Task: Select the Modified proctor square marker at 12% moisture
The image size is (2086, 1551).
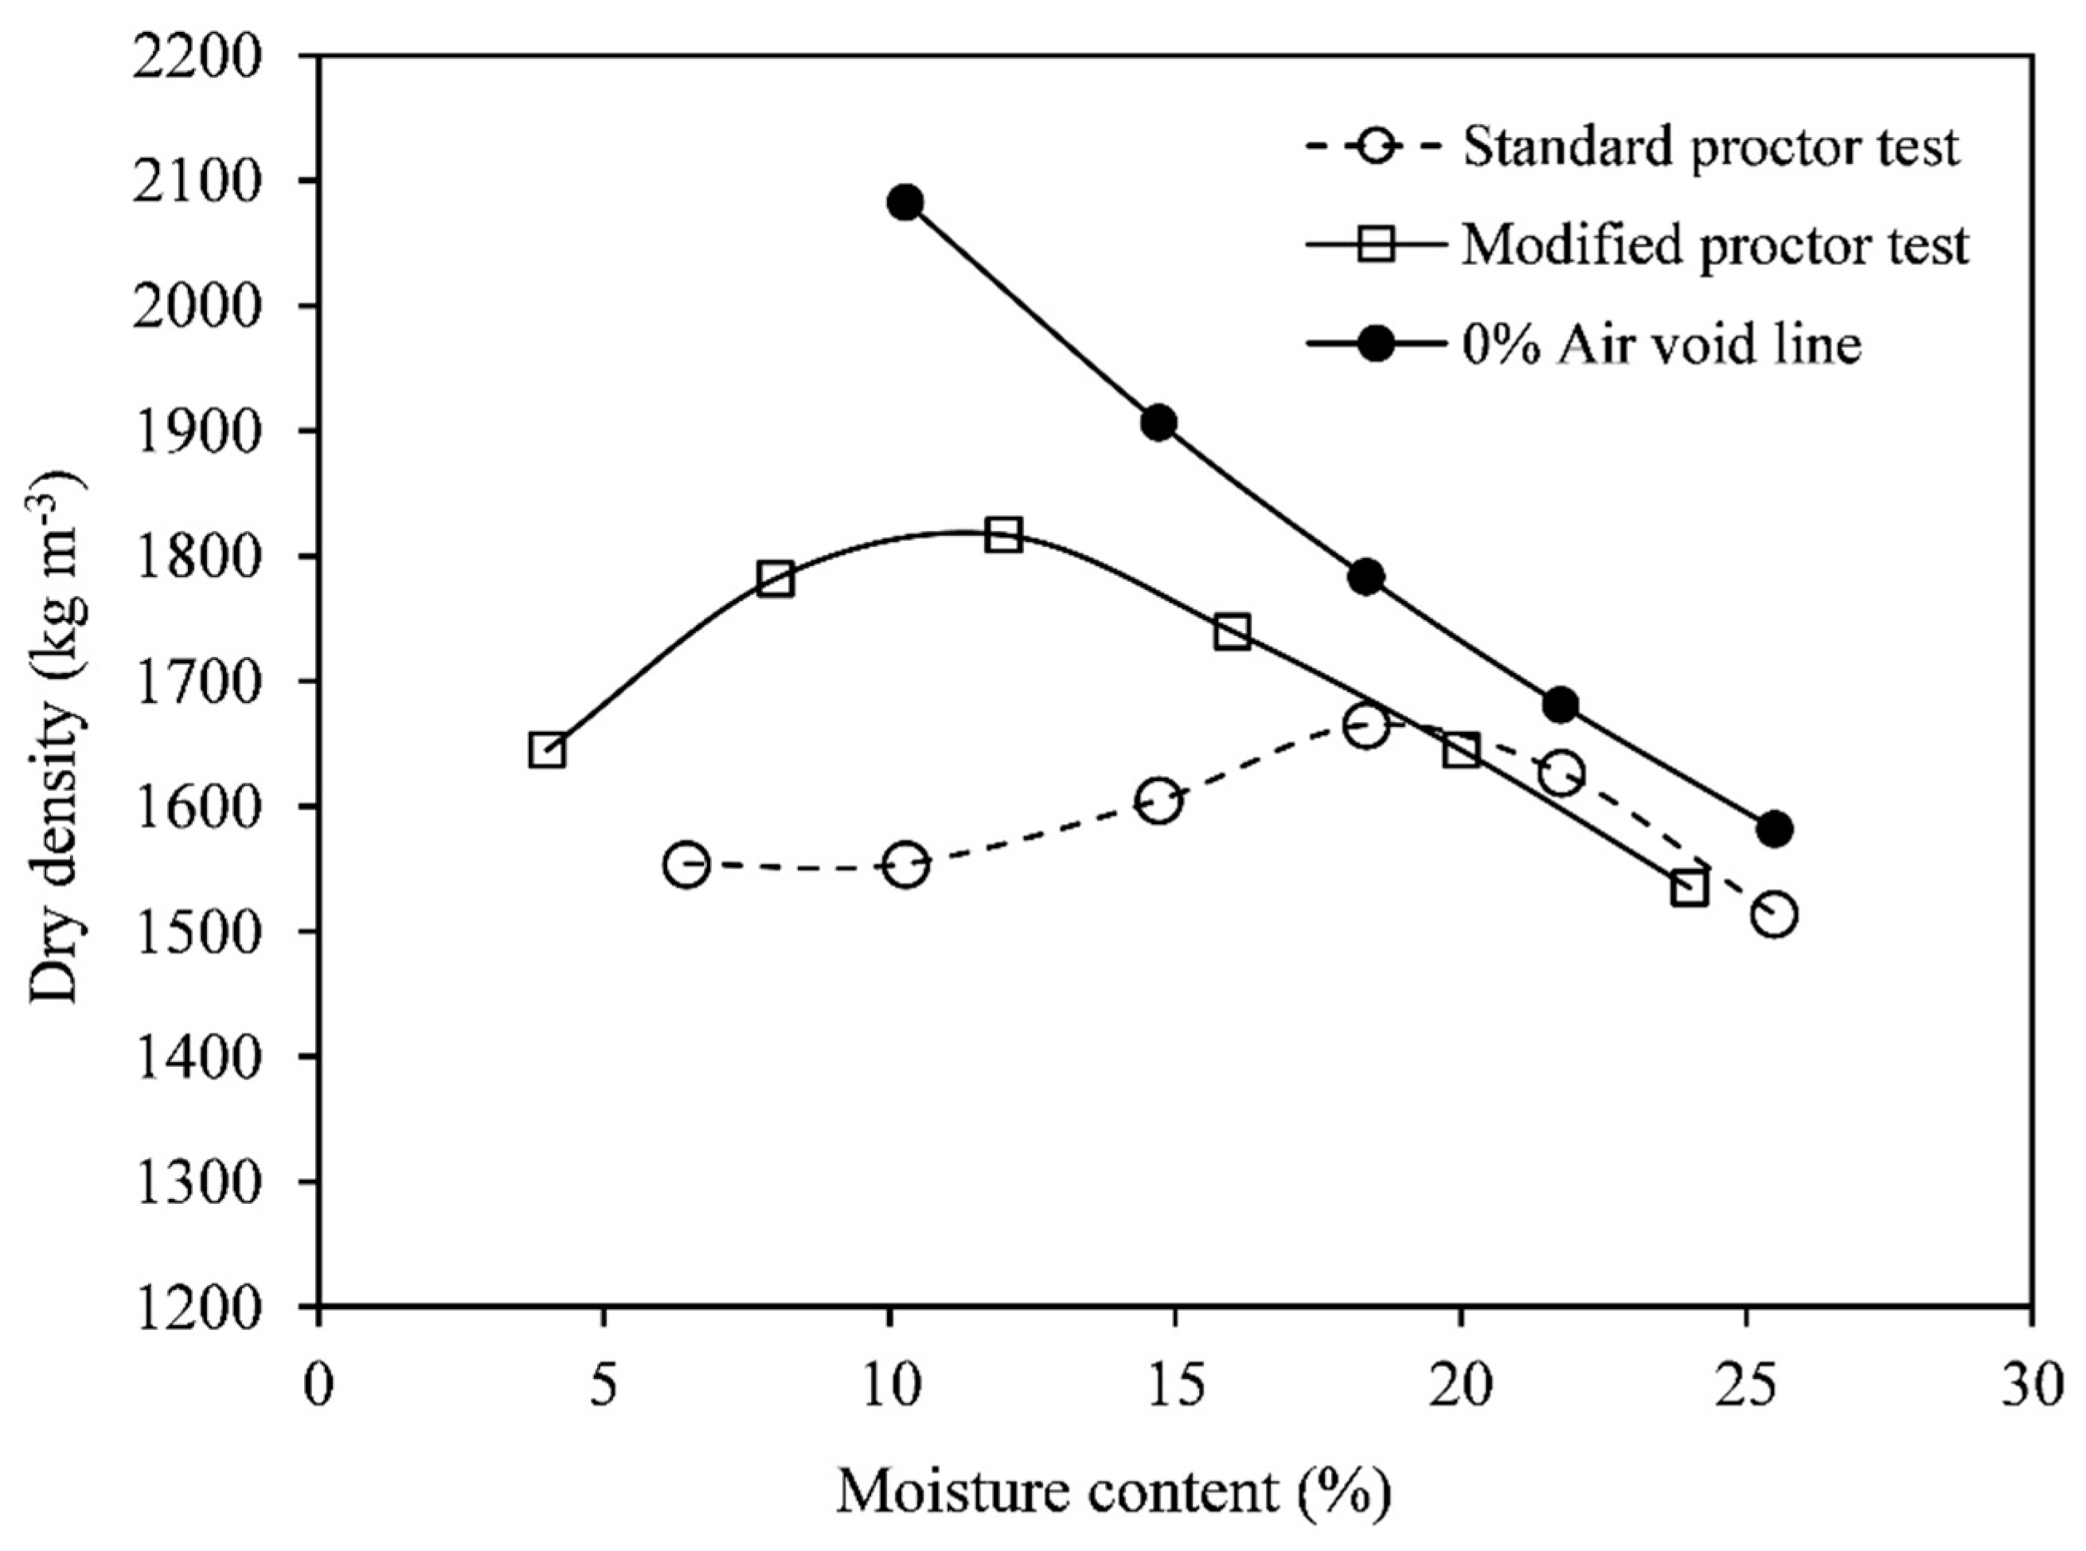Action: (x=1003, y=535)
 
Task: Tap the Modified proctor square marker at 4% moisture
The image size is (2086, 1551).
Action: (x=547, y=750)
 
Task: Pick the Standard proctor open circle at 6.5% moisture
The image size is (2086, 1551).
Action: (x=686, y=865)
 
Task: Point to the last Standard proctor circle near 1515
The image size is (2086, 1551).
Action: (x=1773, y=913)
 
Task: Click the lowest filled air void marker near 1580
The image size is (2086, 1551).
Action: (x=1773, y=829)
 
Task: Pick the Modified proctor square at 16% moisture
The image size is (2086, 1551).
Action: (x=1232, y=632)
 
